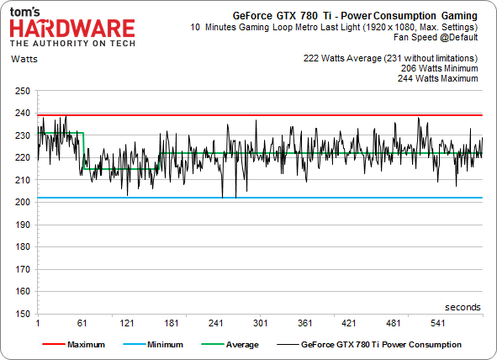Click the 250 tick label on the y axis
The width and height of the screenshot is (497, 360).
pyautogui.click(x=23, y=92)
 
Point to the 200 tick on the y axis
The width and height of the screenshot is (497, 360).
pyautogui.click(x=23, y=202)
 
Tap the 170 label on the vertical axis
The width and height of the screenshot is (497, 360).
pyautogui.click(x=23, y=269)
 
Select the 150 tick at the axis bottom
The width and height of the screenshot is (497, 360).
pyautogui.click(x=23, y=314)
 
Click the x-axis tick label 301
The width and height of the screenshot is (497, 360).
pyautogui.click(x=260, y=323)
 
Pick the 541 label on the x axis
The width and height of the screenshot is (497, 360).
pyautogui.click(x=438, y=323)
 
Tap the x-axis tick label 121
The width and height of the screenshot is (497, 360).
pyautogui.click(x=127, y=323)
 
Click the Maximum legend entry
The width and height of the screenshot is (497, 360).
pyautogui.click(x=73, y=345)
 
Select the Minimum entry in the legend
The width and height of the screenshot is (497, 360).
pyautogui.click(x=153, y=345)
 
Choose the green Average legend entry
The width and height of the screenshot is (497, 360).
pyautogui.click(x=230, y=345)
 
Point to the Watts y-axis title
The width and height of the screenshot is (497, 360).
pyautogui.click(x=24, y=59)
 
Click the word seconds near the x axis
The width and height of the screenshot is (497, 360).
pyautogui.click(x=463, y=307)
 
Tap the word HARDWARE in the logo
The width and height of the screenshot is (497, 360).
pyautogui.click(x=72, y=29)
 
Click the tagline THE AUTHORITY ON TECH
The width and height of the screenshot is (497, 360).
pyautogui.click(x=72, y=44)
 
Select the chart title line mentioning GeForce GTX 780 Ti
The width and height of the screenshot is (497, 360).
pyautogui.click(x=355, y=16)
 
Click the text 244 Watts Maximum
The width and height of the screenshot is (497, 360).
pyautogui.click(x=438, y=78)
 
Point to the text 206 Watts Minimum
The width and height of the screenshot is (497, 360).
pyautogui.click(x=439, y=68)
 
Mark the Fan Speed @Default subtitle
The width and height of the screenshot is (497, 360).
pyautogui.click(x=436, y=37)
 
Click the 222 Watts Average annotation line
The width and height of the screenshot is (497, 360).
pyautogui.click(x=390, y=58)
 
